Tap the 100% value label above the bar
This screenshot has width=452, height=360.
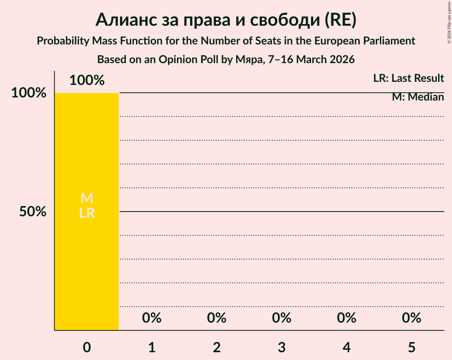point(87,81)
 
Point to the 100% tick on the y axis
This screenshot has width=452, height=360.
point(29,93)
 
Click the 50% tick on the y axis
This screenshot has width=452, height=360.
point(33,212)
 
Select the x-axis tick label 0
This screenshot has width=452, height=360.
point(87,348)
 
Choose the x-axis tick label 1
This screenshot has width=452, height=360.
point(152,348)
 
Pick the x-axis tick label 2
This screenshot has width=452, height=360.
point(217,348)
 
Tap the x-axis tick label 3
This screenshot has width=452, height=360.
point(282,348)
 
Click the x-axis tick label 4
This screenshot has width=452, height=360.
point(347,348)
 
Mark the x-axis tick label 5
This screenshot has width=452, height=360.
point(412,348)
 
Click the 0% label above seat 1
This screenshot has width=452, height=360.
point(152,318)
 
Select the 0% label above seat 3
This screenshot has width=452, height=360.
point(282,318)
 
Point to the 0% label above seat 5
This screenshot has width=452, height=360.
point(412,318)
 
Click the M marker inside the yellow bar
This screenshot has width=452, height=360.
point(87,198)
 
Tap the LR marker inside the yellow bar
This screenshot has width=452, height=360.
point(87,213)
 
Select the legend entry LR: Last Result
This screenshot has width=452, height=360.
point(408,78)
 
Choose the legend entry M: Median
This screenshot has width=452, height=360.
point(418,97)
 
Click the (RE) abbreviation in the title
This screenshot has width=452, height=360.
point(341,20)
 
